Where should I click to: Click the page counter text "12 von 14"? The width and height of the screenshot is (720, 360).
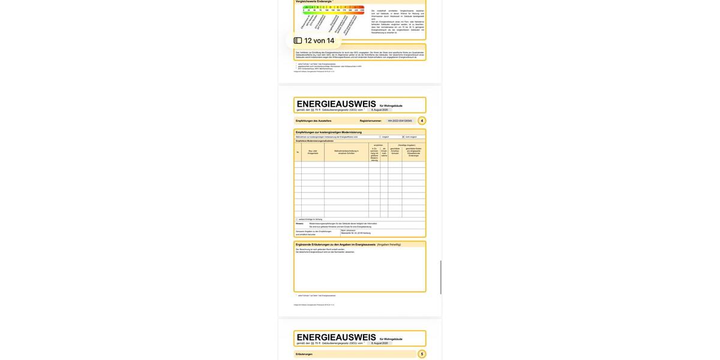319,41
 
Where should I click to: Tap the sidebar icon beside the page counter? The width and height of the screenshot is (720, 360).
298,41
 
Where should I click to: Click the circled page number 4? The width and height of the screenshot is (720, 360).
422,121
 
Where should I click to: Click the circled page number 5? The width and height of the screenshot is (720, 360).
422,354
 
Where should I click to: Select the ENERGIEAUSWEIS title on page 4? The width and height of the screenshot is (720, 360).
336,104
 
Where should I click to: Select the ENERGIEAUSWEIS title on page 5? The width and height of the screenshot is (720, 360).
336,337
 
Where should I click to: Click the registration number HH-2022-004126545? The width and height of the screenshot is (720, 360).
400,121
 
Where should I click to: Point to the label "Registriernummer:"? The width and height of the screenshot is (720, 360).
371,121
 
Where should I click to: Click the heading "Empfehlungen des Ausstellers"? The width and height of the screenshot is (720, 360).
313,121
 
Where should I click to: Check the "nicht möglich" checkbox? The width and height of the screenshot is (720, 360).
403,137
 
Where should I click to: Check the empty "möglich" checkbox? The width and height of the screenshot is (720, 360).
380,137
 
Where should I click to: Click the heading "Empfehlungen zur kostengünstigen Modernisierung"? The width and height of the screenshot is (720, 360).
329,132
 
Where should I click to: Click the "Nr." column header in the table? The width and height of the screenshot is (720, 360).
298,152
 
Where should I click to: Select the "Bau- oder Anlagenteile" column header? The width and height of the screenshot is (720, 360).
313,152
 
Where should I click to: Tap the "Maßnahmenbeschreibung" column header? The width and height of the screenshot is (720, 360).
346,152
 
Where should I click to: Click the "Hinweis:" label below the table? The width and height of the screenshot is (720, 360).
299,223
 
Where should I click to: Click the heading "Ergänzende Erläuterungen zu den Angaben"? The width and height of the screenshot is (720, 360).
334,244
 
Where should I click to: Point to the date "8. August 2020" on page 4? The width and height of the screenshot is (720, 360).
379,110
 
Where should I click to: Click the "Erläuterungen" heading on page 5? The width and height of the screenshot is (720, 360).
304,354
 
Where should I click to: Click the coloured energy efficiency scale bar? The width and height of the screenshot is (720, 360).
333,7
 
